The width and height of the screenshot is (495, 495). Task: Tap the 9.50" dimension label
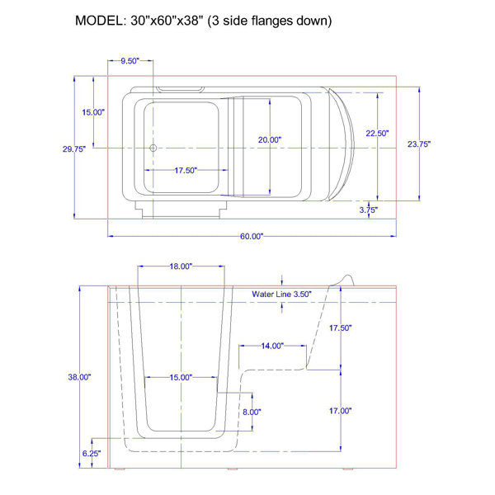coord(130,61)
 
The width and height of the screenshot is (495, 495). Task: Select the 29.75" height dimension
coord(74,149)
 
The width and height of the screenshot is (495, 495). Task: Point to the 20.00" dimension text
coord(270,139)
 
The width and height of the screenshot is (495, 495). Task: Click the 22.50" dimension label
coord(377,133)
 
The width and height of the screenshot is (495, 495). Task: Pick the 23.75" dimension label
coord(419,144)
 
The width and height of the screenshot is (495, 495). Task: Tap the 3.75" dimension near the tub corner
coord(369,210)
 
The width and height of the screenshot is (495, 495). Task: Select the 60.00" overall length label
coord(252,236)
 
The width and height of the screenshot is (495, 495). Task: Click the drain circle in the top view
coord(153,148)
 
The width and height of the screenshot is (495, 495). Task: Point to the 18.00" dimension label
coord(181,266)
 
